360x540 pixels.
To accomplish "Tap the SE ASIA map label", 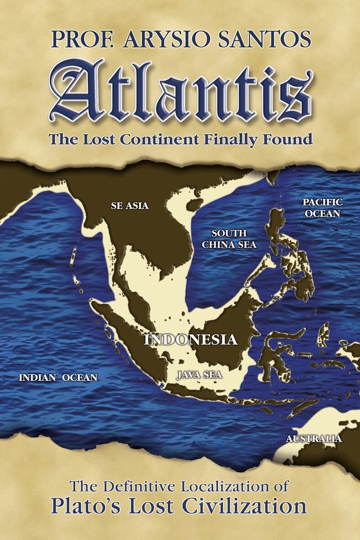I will point(129,205).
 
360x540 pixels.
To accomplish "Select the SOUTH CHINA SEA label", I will point(229,239).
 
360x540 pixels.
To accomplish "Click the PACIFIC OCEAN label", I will point(322,208).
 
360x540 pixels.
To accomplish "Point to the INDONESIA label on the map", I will point(190,339).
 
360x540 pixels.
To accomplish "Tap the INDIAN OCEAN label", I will point(58,377).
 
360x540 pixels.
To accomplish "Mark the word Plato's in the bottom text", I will point(94,506).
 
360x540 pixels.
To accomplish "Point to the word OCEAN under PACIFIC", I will point(322,213).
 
